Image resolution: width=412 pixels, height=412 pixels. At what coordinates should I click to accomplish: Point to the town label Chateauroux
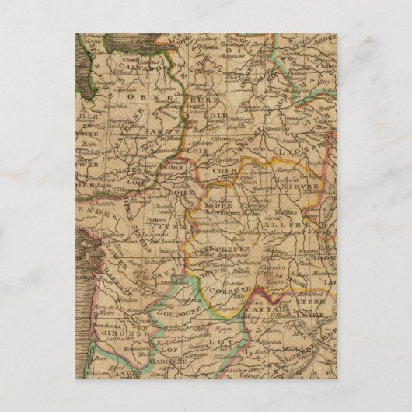coord(224,206)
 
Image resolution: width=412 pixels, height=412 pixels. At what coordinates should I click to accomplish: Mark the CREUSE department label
coord(229,248)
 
